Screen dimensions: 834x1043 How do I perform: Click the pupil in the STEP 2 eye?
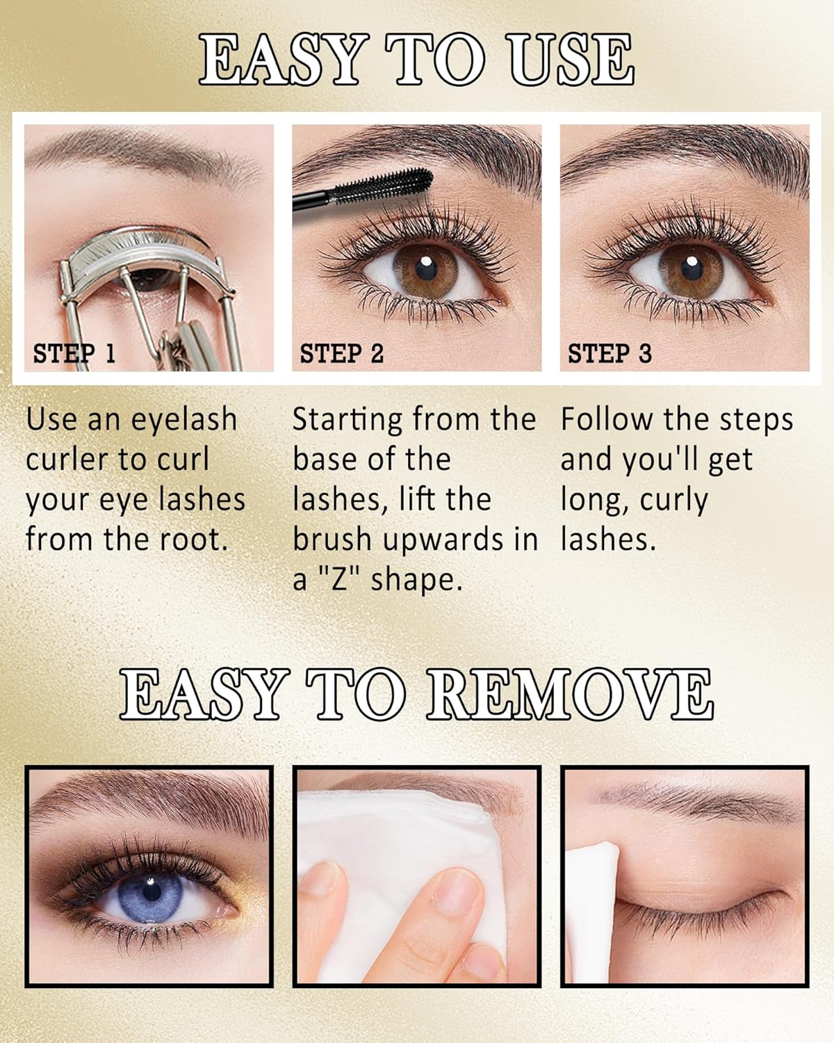click(x=426, y=270)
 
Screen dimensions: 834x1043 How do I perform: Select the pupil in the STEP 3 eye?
click(x=692, y=268)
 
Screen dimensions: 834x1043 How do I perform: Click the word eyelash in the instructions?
click(x=183, y=420)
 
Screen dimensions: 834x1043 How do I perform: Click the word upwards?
click(x=443, y=540)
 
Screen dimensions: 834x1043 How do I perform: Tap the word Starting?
click(x=347, y=420)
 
